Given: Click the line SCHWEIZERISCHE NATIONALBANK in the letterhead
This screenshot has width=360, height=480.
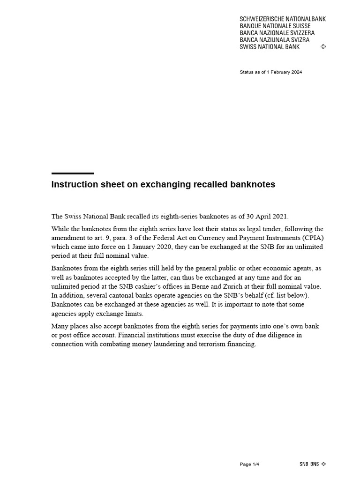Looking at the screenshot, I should (282, 19).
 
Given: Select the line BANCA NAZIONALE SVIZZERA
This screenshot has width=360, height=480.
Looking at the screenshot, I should (277, 33).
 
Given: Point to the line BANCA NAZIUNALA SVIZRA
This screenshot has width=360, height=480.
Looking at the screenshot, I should (274, 40).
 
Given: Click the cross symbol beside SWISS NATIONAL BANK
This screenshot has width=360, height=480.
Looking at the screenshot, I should (323, 47).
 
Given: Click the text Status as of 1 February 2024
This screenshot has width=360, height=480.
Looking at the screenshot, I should (270, 72).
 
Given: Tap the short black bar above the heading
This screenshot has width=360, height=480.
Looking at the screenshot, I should (73, 173).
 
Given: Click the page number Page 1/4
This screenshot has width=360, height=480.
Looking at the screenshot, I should (249, 464).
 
